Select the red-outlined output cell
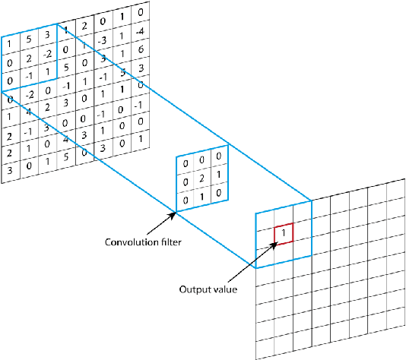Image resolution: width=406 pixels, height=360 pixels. point(283,233)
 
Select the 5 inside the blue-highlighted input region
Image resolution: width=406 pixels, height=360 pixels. point(27,39)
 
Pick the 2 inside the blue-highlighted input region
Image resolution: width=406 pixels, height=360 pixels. point(27,58)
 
